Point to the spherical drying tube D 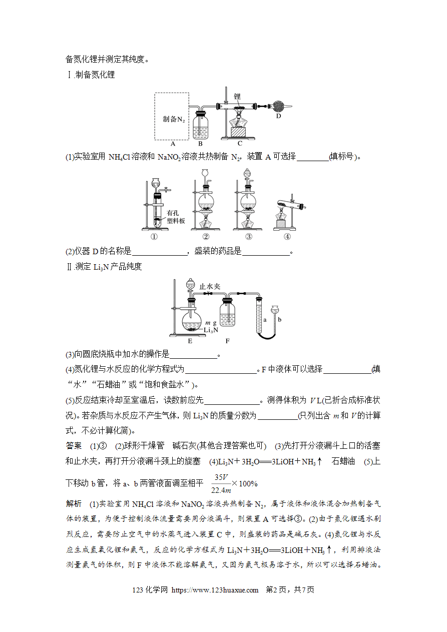(278, 107)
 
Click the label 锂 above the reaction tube (237, 97)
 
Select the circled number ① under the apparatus (154, 236)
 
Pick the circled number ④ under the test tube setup (287, 236)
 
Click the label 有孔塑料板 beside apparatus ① (176, 217)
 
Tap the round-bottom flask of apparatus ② (206, 202)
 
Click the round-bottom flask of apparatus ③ (248, 202)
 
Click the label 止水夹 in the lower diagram (209, 286)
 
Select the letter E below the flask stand (190, 341)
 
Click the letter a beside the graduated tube (265, 320)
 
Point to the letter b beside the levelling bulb (280, 320)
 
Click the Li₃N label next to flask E (211, 330)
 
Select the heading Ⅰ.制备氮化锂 (91, 75)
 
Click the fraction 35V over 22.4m (221, 483)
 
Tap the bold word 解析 (74, 503)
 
